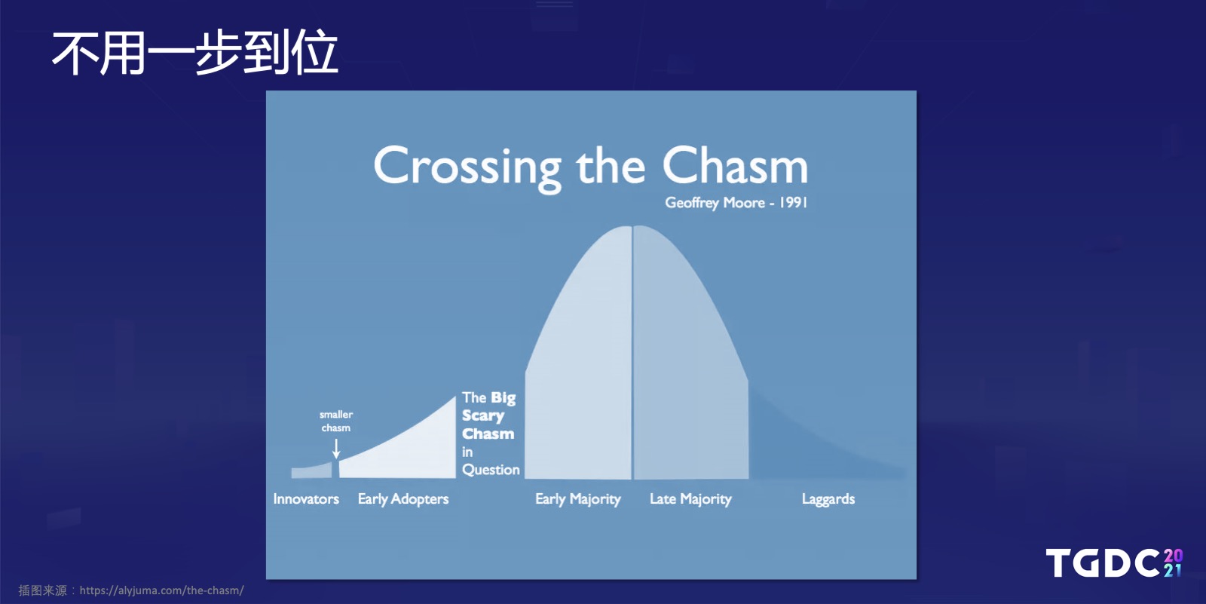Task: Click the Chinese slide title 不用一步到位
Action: pyautogui.click(x=195, y=53)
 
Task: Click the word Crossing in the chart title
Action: pyautogui.click(x=467, y=168)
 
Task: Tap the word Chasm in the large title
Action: pyautogui.click(x=735, y=165)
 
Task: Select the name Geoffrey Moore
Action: pyautogui.click(x=715, y=203)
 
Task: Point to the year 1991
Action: pyautogui.click(x=794, y=203)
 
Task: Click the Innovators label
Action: pyautogui.click(x=306, y=499)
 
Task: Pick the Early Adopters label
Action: pyautogui.click(x=403, y=499)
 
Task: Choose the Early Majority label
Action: pyautogui.click(x=577, y=499)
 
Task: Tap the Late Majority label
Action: pyautogui.click(x=690, y=499)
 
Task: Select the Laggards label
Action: pyautogui.click(x=828, y=499)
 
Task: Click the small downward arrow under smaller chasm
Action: pyautogui.click(x=336, y=448)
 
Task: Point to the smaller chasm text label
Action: pyautogui.click(x=336, y=421)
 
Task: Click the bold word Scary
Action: pyautogui.click(x=483, y=416)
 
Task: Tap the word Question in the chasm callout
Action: pyautogui.click(x=491, y=470)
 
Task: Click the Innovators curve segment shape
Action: pyautogui.click(x=312, y=471)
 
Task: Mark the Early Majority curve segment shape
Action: pyautogui.click(x=579, y=366)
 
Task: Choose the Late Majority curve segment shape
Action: pyautogui.click(x=689, y=366)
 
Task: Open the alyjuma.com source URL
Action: pyautogui.click(x=161, y=590)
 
